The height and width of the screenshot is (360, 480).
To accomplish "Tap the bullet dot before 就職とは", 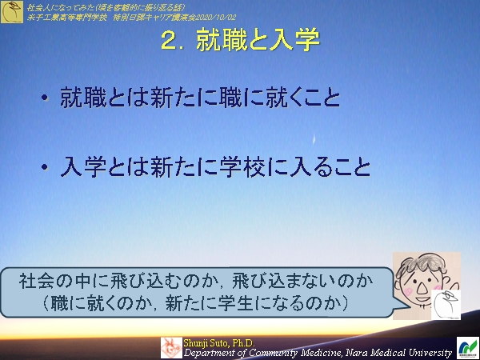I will click(x=46, y=99).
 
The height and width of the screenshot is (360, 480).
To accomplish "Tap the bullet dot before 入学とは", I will click(x=46, y=169).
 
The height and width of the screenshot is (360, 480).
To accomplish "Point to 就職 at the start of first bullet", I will click(x=77, y=98).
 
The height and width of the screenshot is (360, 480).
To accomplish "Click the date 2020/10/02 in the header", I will click(x=210, y=15).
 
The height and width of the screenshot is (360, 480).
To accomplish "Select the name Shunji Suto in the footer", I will click(x=204, y=342).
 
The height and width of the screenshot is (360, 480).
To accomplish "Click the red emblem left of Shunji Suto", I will click(x=171, y=347).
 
